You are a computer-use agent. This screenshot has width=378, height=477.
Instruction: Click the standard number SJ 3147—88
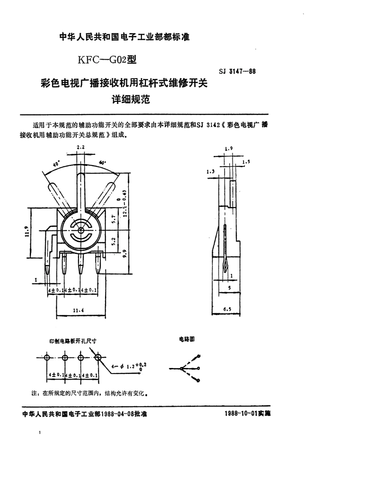tap(237, 72)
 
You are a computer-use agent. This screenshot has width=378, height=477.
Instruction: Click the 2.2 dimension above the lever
tap(81, 147)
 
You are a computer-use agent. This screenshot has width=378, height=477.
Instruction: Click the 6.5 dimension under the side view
tap(226, 309)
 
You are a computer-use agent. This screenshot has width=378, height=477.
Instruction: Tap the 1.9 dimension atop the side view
tap(228, 148)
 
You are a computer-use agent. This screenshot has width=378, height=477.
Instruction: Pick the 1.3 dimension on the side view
tap(211, 171)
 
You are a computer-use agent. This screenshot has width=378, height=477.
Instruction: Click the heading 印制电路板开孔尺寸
tap(73, 341)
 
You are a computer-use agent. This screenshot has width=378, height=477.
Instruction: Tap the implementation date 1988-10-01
tap(238, 414)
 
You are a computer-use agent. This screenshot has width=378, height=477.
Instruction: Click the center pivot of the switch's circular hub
tap(81, 230)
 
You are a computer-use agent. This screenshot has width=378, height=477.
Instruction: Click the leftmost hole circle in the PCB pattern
tap(47, 357)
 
